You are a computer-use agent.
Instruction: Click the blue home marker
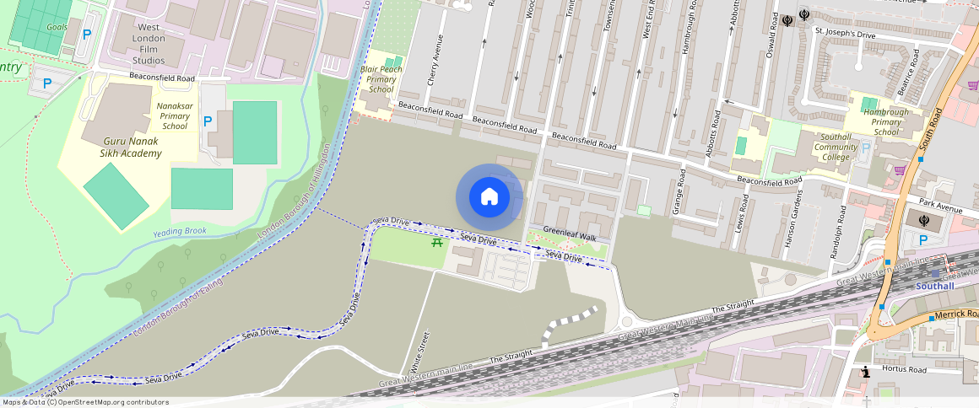(489, 197)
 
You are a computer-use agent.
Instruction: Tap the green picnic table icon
(437, 243)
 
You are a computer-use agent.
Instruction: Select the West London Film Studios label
(149, 44)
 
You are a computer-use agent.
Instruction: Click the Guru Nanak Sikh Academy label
(133, 148)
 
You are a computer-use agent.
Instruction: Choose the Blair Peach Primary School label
(381, 78)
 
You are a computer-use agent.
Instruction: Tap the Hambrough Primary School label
(886, 121)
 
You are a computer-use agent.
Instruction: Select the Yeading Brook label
(179, 232)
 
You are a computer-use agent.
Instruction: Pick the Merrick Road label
(954, 314)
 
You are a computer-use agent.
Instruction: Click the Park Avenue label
(943, 207)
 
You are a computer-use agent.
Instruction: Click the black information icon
(865, 373)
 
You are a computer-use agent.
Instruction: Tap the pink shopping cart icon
(900, 169)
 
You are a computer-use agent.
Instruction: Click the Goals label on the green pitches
(57, 27)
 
